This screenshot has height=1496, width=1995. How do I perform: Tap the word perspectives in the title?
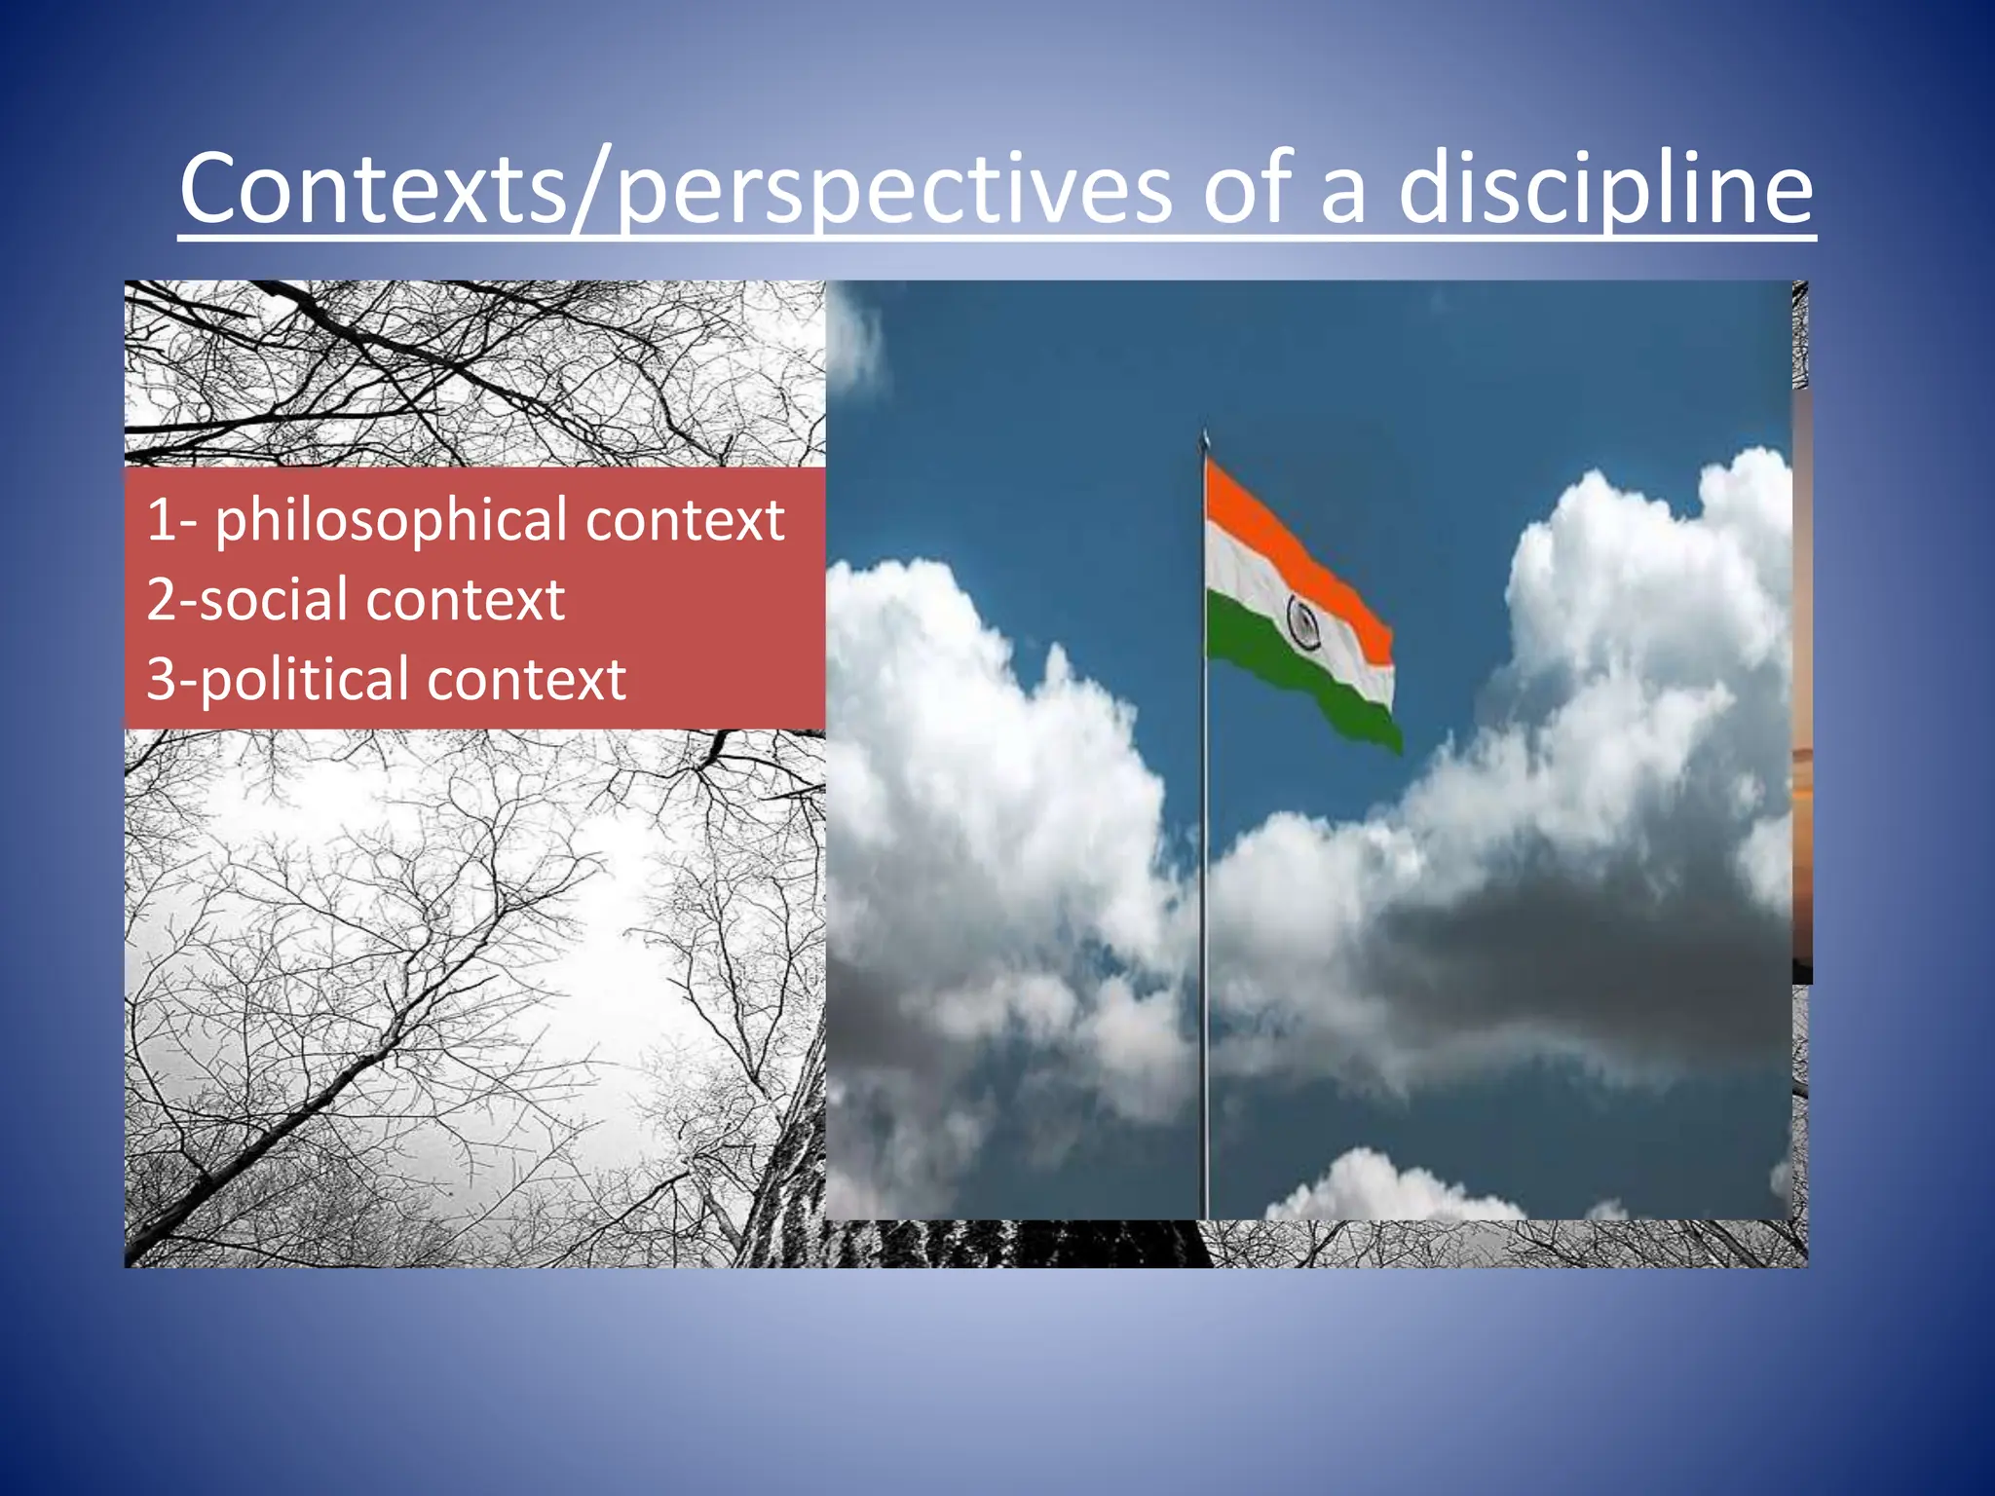click(894, 190)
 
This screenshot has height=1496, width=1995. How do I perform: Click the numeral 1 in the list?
click(161, 519)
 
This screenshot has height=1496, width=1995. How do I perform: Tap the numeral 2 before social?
click(162, 599)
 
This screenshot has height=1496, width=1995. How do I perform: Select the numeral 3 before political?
click(162, 679)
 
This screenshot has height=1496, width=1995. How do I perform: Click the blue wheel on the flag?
click(1303, 623)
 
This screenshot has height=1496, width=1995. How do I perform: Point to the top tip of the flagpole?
click(1205, 435)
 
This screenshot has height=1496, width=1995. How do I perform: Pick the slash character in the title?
click(591, 190)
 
